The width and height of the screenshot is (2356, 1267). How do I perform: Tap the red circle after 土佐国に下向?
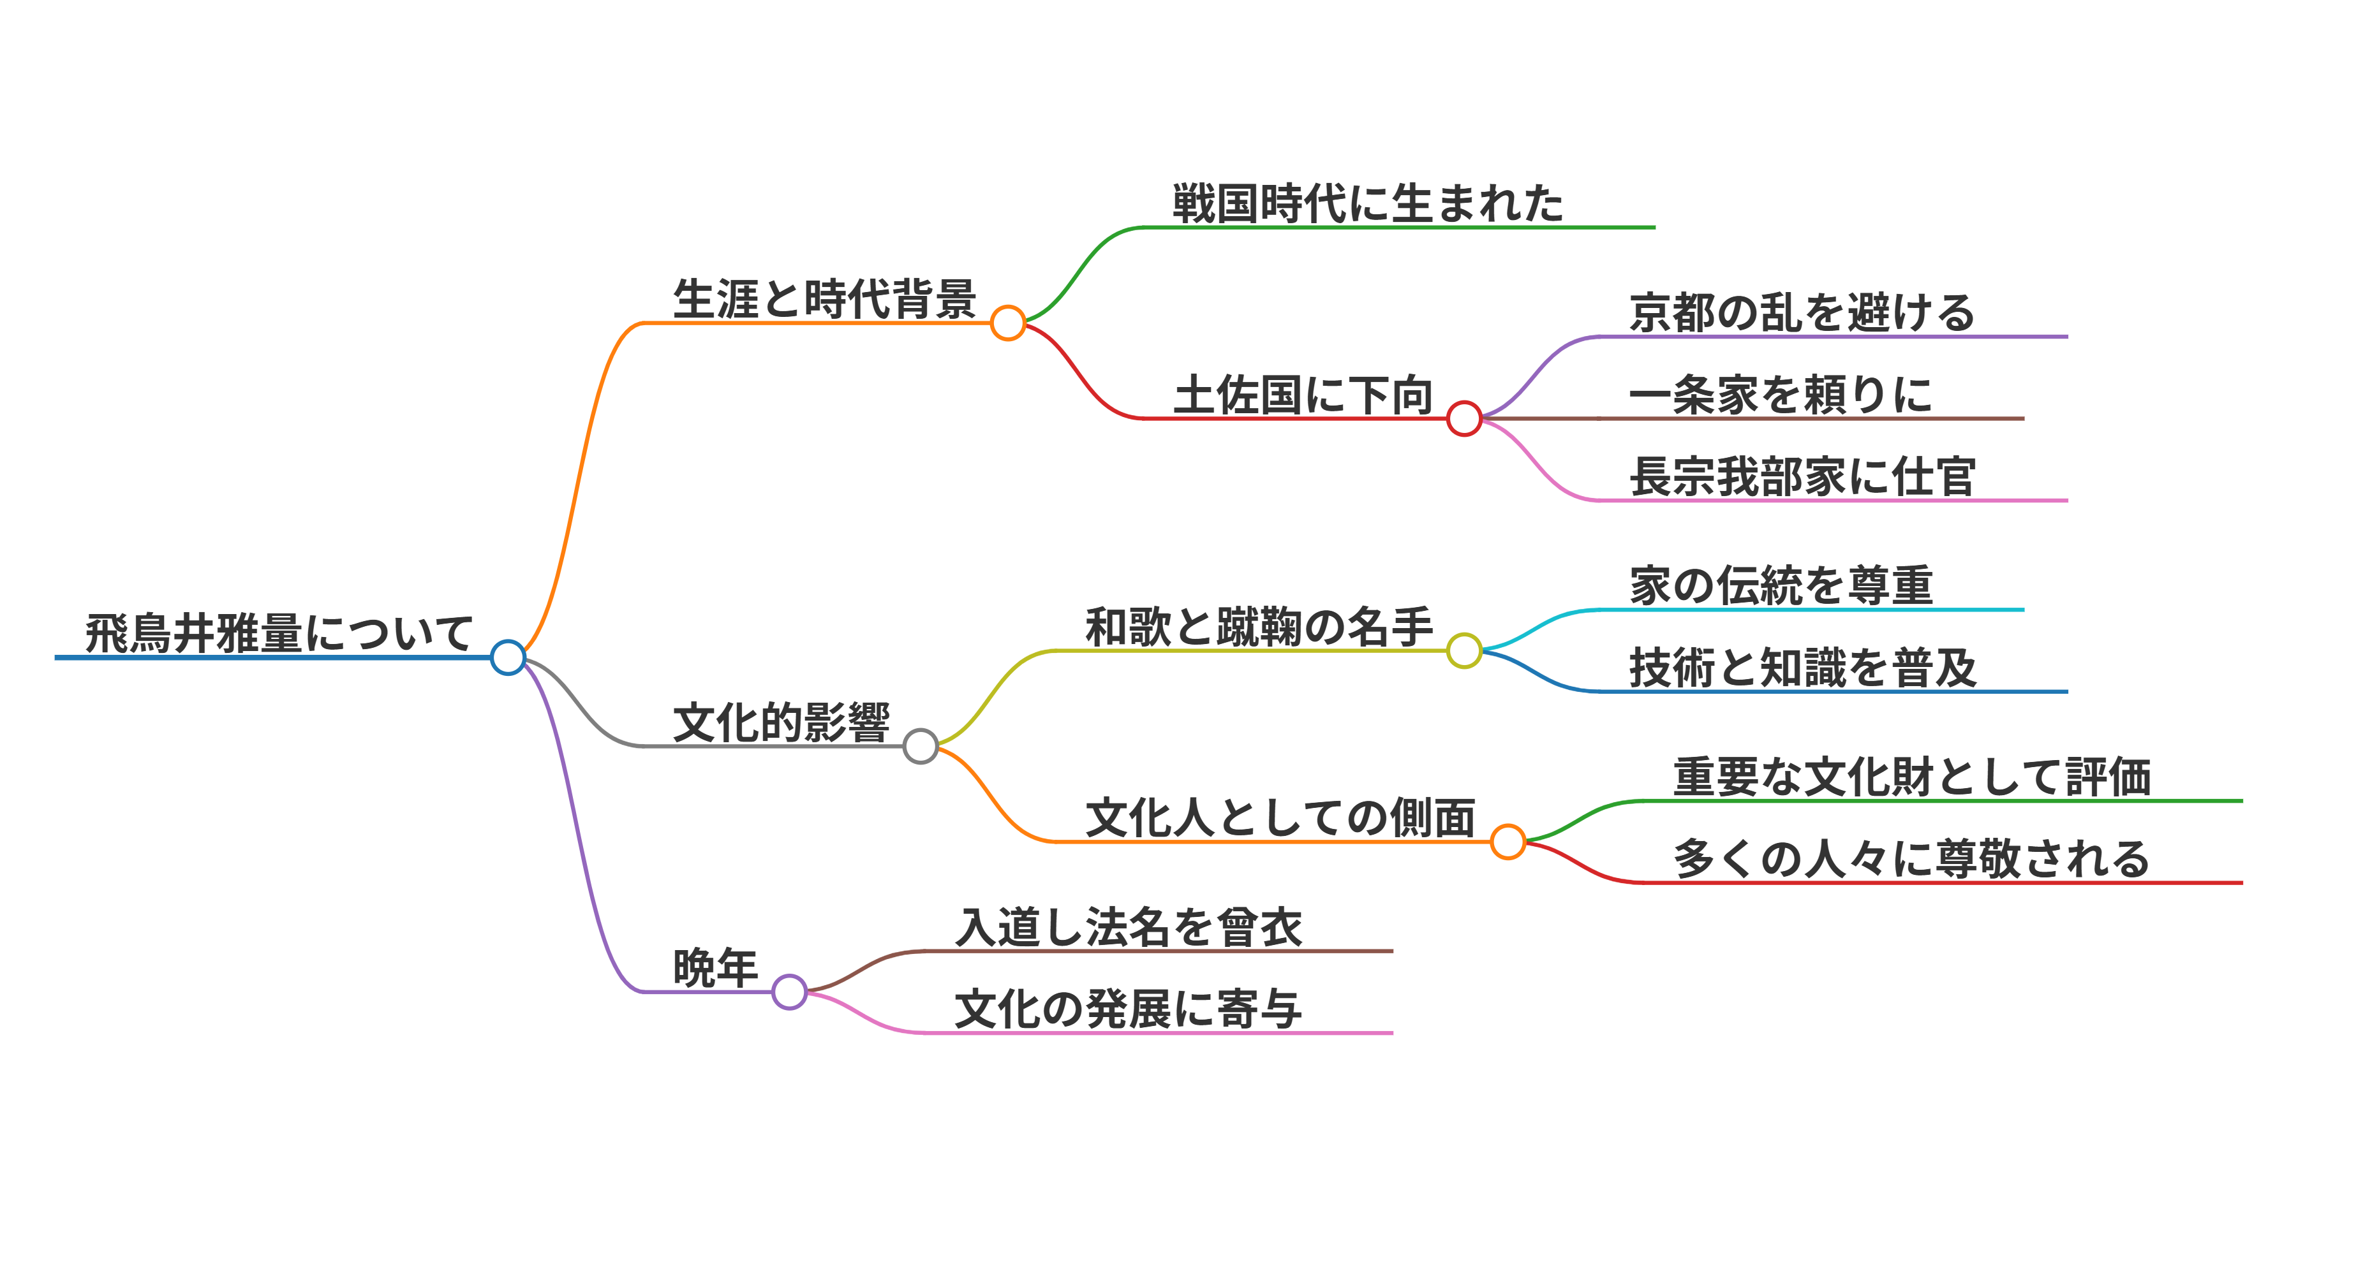[1463, 419]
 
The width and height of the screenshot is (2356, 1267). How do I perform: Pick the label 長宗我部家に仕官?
[1802, 477]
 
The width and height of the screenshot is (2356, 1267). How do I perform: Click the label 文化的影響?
[781, 723]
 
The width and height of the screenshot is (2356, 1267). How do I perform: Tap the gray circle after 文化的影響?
[920, 746]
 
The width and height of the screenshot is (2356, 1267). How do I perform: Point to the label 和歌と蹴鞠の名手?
[1259, 627]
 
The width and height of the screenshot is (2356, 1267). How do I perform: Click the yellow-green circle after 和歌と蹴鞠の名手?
[1463, 651]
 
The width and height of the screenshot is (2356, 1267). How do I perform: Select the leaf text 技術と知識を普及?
[1802, 668]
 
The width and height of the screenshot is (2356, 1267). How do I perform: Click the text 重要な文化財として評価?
[1911, 778]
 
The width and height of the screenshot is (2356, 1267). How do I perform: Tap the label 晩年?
[715, 968]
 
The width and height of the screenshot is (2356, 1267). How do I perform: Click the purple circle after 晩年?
[789, 992]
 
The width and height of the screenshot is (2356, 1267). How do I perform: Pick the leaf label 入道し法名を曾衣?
[1128, 928]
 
